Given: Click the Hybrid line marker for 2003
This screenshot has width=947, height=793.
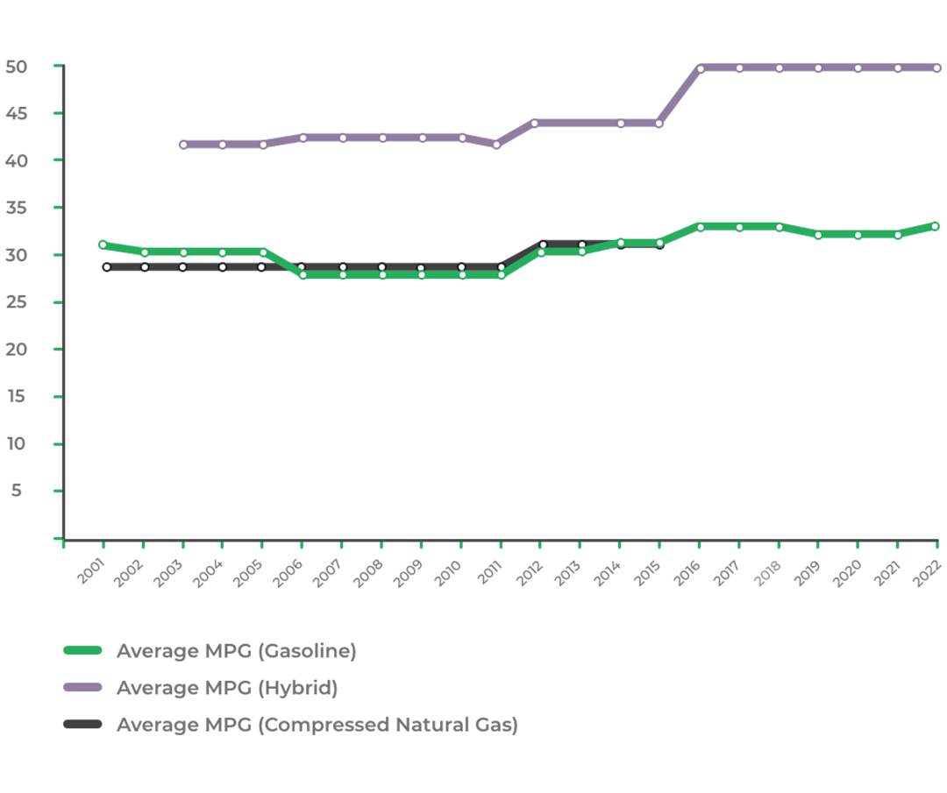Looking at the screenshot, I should click(x=182, y=145).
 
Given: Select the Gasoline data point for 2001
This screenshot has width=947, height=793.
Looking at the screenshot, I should click(x=103, y=245).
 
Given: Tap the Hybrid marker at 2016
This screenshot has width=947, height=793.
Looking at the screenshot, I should click(x=700, y=68).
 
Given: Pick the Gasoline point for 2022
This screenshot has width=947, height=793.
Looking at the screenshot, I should click(x=935, y=226).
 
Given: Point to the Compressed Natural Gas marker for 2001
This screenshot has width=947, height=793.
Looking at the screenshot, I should click(x=107, y=267).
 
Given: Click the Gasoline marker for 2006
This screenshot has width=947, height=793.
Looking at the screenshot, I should click(x=303, y=275).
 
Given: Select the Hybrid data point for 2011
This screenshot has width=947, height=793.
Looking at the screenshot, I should click(x=497, y=145).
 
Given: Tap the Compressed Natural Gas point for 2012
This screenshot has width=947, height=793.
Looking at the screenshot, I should click(x=543, y=245).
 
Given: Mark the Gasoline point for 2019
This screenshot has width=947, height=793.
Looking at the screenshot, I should click(x=818, y=235).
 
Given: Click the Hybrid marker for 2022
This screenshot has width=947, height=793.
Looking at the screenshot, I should click(x=936, y=68).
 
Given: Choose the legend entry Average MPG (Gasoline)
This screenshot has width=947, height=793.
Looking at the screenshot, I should click(x=236, y=651).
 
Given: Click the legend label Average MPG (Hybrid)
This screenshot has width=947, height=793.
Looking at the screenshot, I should click(x=226, y=688).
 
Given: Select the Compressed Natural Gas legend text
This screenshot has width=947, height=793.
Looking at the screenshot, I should click(x=317, y=725).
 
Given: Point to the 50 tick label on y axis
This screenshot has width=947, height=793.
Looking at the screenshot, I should click(x=17, y=67).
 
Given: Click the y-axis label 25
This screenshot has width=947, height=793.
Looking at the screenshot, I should click(x=17, y=302).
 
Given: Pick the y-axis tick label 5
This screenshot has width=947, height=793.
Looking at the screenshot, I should click(x=17, y=491).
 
